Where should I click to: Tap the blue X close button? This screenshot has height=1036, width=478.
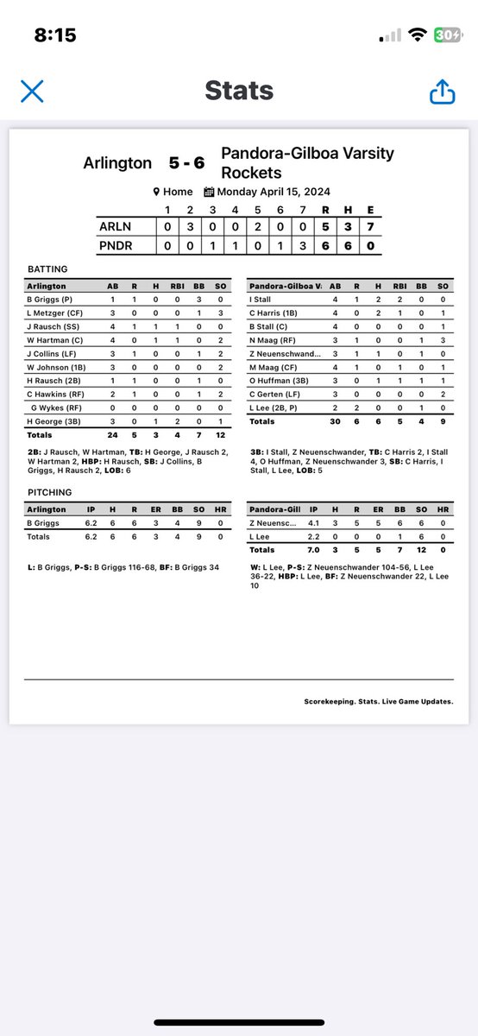click(x=32, y=92)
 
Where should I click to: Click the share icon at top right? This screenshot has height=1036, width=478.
click(x=443, y=91)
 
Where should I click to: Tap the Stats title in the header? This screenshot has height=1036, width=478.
click(x=239, y=91)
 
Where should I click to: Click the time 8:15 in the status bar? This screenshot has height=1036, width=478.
click(x=55, y=35)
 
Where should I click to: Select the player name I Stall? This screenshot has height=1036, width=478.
click(x=261, y=299)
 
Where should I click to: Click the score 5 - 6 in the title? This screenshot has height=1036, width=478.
click(x=186, y=162)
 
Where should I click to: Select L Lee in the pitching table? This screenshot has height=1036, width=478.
click(x=261, y=536)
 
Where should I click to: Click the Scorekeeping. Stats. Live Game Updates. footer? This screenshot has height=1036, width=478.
click(x=379, y=701)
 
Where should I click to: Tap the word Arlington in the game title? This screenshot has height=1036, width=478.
click(x=117, y=162)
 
